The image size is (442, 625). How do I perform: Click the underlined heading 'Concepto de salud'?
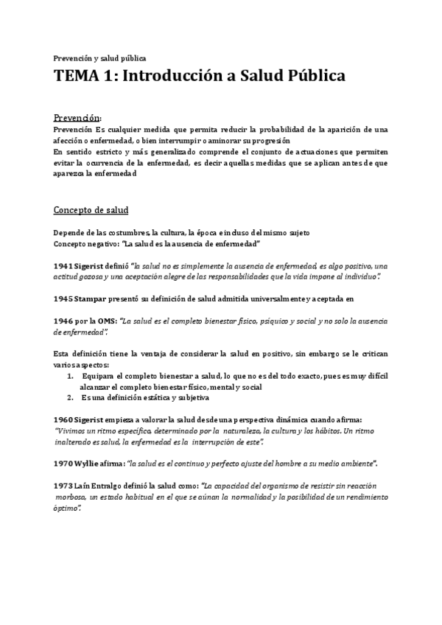pos(91,210)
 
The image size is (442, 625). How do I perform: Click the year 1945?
pos(63,298)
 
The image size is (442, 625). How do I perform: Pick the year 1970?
pos(63,464)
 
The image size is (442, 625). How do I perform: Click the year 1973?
pos(63,486)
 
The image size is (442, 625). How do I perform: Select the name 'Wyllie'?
pos(88,464)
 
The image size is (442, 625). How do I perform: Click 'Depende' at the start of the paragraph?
pos(71,233)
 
